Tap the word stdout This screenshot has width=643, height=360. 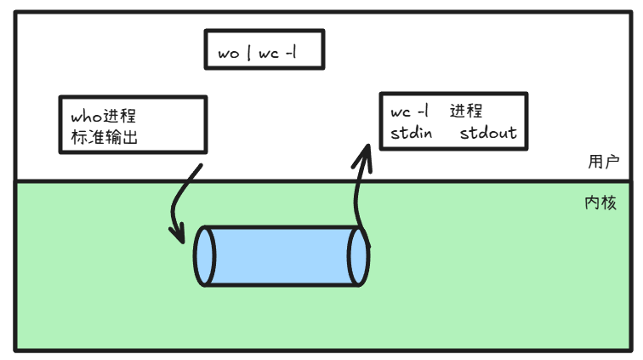(488, 134)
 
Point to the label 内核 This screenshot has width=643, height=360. (600, 204)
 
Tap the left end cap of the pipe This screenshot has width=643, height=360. (203, 256)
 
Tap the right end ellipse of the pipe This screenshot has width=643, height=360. (359, 256)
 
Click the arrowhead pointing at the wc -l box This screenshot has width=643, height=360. (365, 151)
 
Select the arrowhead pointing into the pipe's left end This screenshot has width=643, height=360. (178, 231)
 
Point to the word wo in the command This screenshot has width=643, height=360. (229, 54)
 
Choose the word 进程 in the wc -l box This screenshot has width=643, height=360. (467, 111)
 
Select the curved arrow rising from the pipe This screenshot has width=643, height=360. (358, 191)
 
